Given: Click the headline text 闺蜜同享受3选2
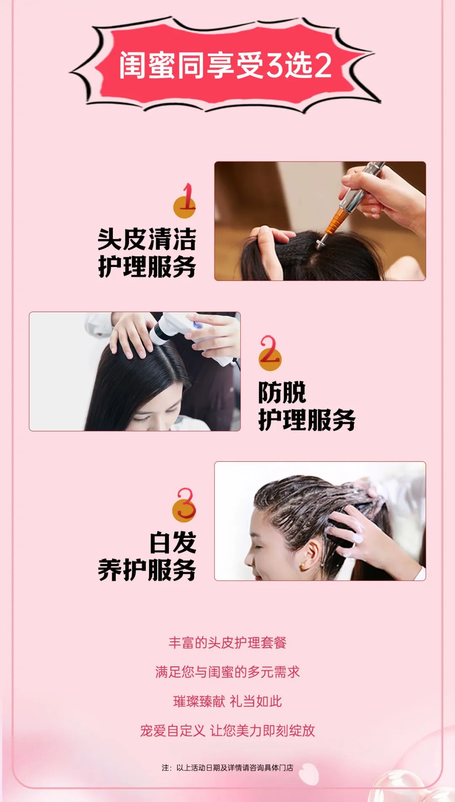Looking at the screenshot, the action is (225, 65).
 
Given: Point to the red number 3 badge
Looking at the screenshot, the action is (185, 505).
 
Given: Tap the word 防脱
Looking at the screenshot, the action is (282, 393).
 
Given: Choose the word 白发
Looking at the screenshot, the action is (173, 543).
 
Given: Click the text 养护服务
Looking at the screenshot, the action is (147, 570).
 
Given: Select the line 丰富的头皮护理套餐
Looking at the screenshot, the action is (227, 643).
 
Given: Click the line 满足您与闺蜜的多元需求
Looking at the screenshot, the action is (227, 672).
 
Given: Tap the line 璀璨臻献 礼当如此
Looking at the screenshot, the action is (227, 701).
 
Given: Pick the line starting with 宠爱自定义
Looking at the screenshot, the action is (227, 730).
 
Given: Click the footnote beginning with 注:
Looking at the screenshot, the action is (227, 767).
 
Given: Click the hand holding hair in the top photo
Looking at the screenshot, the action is (270, 249).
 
